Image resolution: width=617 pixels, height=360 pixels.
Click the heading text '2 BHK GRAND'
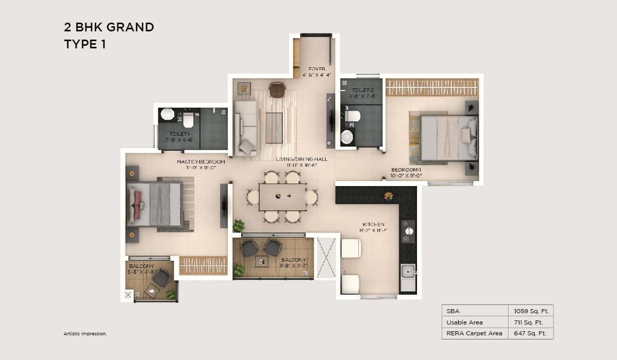(109, 27)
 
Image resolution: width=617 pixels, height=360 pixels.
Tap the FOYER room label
(317, 69)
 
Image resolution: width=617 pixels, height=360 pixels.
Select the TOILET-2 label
(362, 91)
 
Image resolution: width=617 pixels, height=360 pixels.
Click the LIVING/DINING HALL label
(301, 159)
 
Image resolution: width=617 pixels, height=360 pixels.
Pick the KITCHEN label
(373, 225)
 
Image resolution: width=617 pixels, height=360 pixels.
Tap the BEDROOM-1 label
(406, 170)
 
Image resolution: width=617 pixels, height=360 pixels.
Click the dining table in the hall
(282, 197)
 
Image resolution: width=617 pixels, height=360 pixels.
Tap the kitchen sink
(408, 271)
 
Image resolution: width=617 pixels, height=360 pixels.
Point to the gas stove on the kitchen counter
(408, 231)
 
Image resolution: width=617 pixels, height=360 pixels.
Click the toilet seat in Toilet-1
(188, 120)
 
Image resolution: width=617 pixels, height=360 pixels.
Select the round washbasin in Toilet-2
(348, 136)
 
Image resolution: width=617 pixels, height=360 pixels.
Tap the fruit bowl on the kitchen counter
(389, 195)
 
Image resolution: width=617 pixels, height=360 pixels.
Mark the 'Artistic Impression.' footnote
(85, 334)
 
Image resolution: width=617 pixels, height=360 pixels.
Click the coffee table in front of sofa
(274, 128)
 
